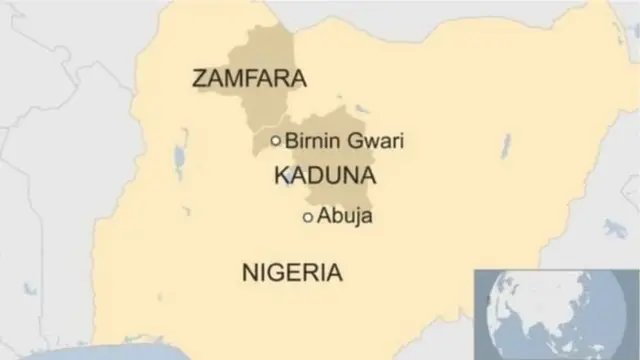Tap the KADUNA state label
(x=324, y=177)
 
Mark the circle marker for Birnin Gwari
(x=276, y=141)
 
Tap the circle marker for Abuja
(x=307, y=216)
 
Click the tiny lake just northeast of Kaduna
(x=362, y=108)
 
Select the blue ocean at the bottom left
(x=80, y=353)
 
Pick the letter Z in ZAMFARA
(x=200, y=78)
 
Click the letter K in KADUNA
(x=280, y=177)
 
